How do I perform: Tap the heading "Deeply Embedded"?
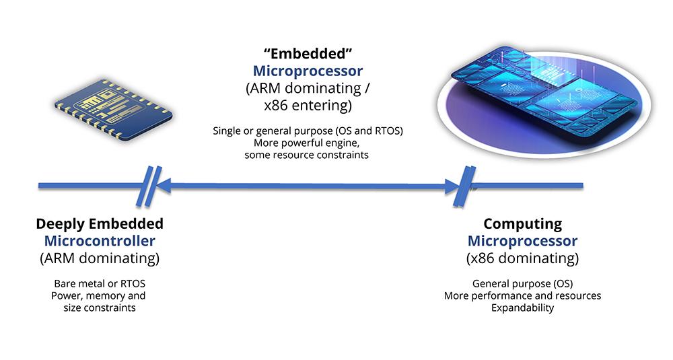(x=100, y=224)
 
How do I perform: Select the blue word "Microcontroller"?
(x=100, y=241)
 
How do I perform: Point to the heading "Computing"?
(x=522, y=224)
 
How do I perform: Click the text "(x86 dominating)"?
(x=522, y=258)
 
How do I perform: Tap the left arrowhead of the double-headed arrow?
(x=165, y=186)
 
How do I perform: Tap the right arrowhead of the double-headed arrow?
(x=453, y=186)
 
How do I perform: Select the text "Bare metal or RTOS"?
(x=100, y=283)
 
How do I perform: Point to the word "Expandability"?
(x=522, y=308)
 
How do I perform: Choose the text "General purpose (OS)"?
(x=522, y=283)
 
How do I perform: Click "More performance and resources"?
(x=522, y=295)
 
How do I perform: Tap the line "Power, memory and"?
(x=100, y=295)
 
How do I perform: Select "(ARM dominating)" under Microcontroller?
(x=100, y=258)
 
